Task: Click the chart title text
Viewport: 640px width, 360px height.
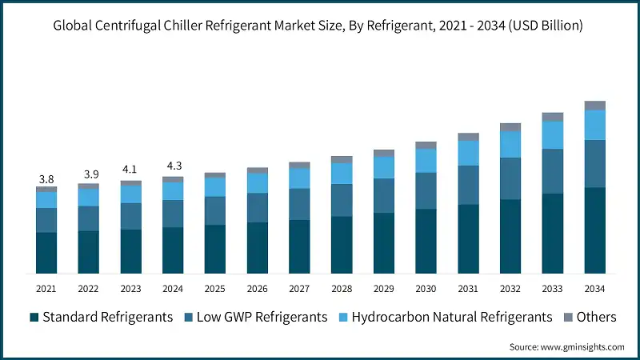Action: [x=318, y=26]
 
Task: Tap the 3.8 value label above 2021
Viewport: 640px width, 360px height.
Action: [x=46, y=178]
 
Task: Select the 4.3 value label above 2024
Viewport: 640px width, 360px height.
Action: [x=173, y=166]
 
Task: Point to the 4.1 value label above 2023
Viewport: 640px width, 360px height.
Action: [x=130, y=170]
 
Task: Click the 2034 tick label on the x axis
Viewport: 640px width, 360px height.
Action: [x=594, y=288]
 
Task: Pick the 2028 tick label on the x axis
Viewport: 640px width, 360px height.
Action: [x=342, y=288]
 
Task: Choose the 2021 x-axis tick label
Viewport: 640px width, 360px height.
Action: [x=46, y=288]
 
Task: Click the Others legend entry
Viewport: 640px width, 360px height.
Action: [x=589, y=317]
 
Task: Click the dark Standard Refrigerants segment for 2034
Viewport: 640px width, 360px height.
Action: [x=594, y=230]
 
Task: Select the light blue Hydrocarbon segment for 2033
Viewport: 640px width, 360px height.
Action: [x=553, y=135]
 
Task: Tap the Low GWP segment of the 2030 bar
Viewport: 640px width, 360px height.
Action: [x=426, y=190]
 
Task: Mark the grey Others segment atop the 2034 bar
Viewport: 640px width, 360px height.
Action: [x=594, y=106]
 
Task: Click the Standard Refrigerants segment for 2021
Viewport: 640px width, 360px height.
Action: [x=46, y=253]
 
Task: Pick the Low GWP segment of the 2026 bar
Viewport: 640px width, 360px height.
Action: [x=257, y=207]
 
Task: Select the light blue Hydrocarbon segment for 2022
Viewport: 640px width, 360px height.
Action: [x=88, y=197]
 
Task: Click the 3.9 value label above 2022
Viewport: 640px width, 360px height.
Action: [x=88, y=174]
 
